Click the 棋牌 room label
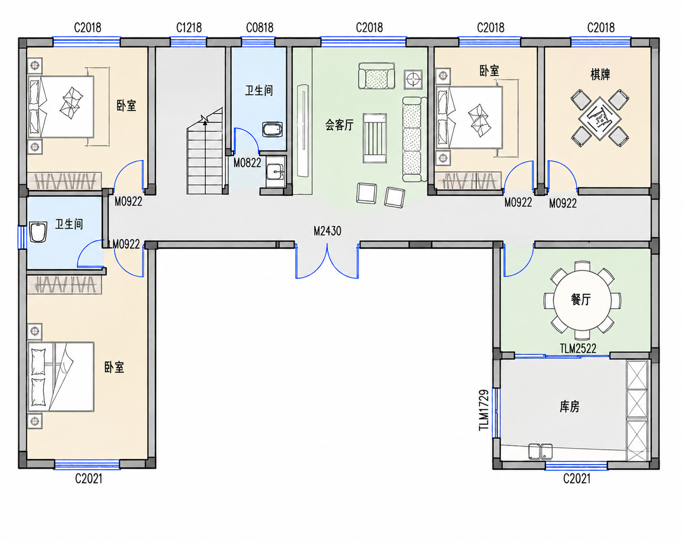coord(600,75)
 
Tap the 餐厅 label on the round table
coord(581,299)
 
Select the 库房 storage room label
coord(569,407)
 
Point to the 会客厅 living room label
coord(339,125)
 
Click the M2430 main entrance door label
coord(327,231)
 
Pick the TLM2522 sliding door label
coord(578,348)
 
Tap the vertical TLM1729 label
coord(484,410)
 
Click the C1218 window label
coord(189,28)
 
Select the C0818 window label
coord(260,28)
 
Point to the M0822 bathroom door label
coord(247,163)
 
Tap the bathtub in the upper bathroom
coord(272,130)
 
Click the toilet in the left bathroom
coord(38,232)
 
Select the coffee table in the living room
coord(375,138)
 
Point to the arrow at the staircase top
coord(205,120)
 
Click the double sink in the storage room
coord(540,451)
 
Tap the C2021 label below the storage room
coord(577,478)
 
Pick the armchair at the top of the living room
coord(377,76)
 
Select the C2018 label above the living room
coord(369,28)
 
